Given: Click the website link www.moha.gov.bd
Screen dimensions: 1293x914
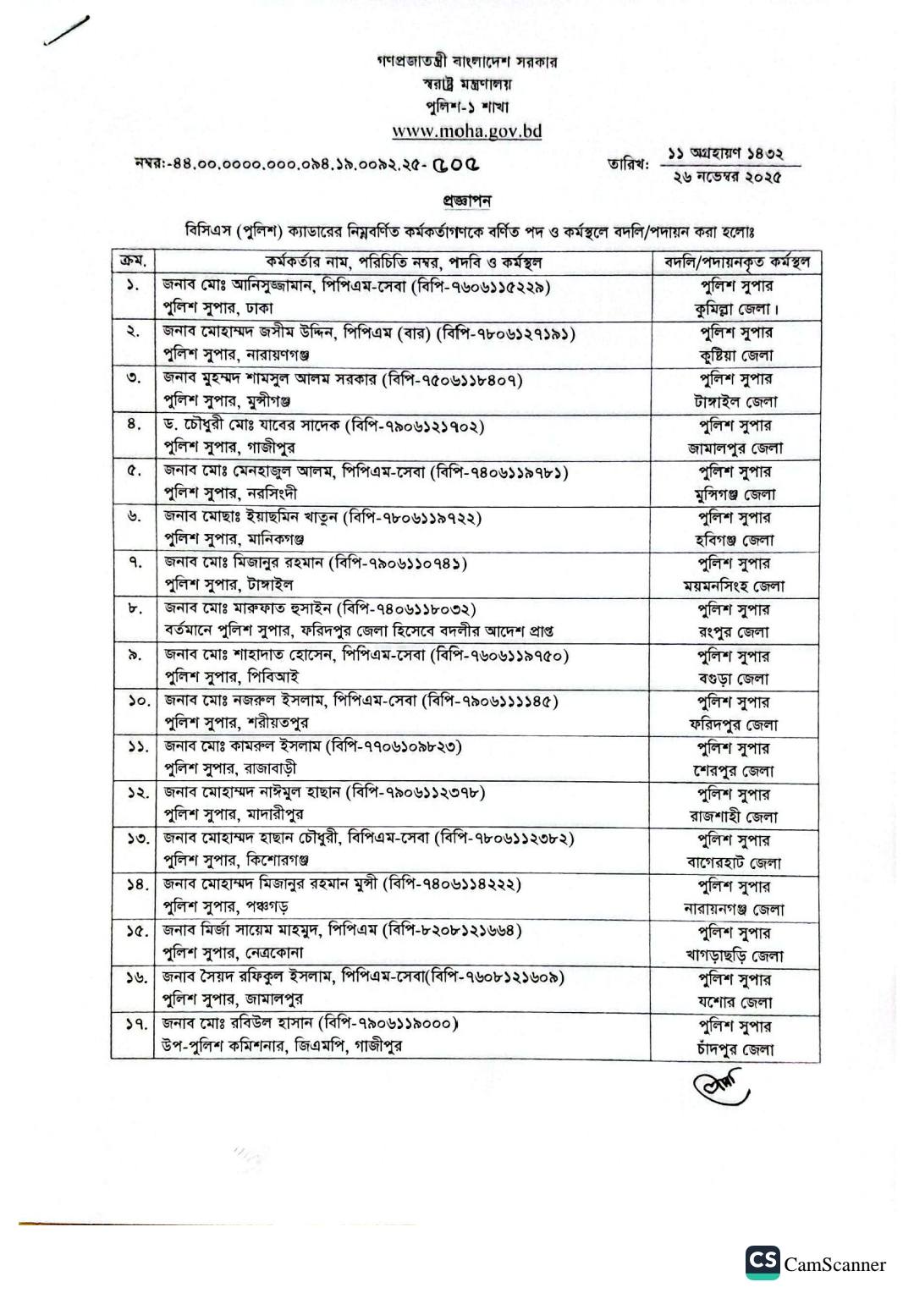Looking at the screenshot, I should pyautogui.click(x=466, y=131).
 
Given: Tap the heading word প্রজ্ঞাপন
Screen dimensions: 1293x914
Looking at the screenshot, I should pyautogui.click(x=466, y=201).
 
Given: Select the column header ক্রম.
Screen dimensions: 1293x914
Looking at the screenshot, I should pyautogui.click(x=132, y=261).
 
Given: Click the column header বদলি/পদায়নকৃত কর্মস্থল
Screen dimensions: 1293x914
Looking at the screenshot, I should pyautogui.click(x=736, y=261).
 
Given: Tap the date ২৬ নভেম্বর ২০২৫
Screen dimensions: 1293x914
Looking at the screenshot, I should pyautogui.click(x=727, y=177).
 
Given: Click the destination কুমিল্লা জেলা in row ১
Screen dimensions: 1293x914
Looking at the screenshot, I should pyautogui.click(x=735, y=309).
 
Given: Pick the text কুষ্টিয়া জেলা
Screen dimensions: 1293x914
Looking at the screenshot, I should pyautogui.click(x=735, y=355).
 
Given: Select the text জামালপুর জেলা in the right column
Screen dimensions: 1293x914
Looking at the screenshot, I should pyautogui.click(x=735, y=448).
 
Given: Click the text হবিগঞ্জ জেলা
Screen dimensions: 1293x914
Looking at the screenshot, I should pyautogui.click(x=735, y=540).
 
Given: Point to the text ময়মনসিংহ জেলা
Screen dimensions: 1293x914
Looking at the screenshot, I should pyautogui.click(x=735, y=586).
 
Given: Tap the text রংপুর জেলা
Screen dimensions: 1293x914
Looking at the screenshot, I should pyautogui.click(x=735, y=632).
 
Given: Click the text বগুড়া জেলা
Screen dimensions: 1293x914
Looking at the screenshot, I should pyautogui.click(x=735, y=679).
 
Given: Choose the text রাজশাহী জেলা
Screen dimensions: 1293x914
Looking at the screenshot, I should pyautogui.click(x=735, y=817).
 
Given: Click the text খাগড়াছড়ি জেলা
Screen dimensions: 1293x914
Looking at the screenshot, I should pyautogui.click(x=735, y=955).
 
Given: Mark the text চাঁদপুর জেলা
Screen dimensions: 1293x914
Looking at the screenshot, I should pyautogui.click(x=735, y=1049).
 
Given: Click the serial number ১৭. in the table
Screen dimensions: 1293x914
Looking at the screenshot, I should pyautogui.click(x=132, y=1025).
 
